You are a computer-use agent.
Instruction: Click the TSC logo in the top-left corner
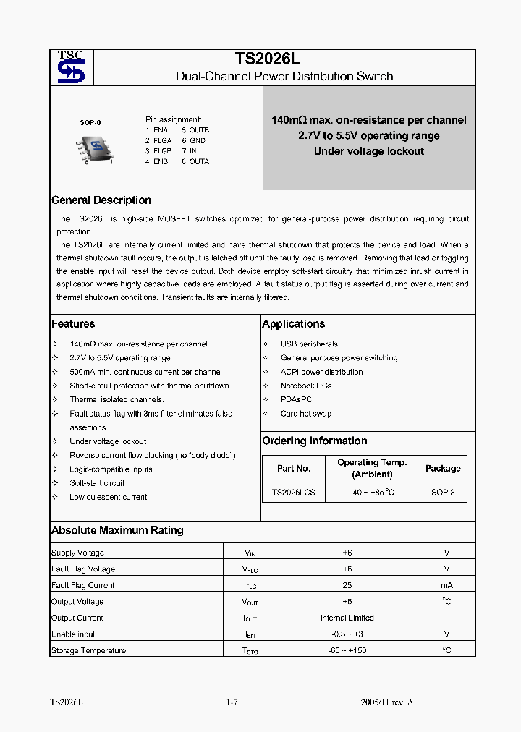point(71,67)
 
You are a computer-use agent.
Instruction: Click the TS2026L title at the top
point(263,59)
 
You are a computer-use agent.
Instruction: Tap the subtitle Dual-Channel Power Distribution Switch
point(284,76)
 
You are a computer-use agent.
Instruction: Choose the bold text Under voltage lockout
point(369,151)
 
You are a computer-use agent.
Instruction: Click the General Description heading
point(101,200)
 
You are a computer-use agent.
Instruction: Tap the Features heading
point(73,324)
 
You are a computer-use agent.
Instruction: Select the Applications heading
point(294,324)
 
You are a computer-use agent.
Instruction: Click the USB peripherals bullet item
point(309,344)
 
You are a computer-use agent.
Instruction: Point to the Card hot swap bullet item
point(306,414)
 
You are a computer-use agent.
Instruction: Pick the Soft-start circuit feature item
point(97,483)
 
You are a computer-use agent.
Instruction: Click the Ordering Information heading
point(315,441)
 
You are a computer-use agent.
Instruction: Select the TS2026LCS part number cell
point(293,492)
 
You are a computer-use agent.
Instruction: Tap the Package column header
point(443,468)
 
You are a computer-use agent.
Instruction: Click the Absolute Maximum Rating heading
point(117,530)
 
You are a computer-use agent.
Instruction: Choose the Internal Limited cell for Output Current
point(347,618)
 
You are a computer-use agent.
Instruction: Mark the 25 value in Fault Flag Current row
point(347,585)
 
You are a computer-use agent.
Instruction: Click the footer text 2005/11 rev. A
point(387,702)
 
